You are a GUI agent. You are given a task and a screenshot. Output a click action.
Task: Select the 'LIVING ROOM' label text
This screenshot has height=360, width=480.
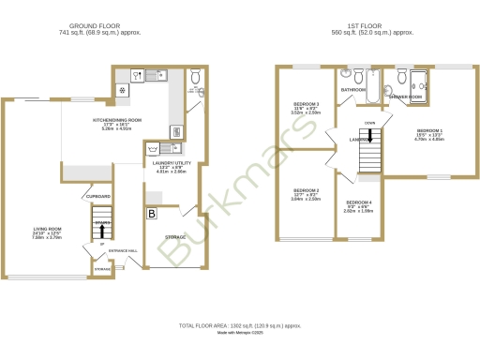coord(48,229)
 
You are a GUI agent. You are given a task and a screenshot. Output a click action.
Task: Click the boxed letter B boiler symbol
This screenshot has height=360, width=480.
coord(152,215)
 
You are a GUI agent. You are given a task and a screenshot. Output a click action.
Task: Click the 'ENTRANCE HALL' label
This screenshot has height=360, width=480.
coord(124,251)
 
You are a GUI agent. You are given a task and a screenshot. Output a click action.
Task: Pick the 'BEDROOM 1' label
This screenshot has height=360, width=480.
coord(430,130)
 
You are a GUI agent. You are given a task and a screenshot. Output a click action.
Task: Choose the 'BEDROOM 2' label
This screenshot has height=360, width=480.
coord(306,190)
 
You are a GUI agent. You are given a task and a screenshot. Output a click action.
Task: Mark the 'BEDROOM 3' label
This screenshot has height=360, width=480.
coord(307,104)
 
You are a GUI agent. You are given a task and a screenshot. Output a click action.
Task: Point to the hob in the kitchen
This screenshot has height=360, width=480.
coord(122,90)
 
